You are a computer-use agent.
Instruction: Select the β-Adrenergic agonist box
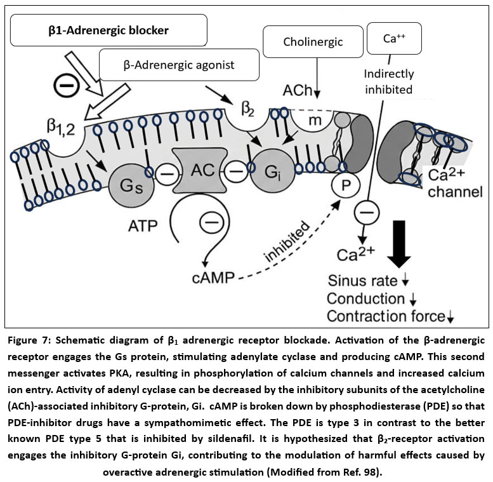[179, 65]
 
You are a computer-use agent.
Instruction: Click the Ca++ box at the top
[395, 38]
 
